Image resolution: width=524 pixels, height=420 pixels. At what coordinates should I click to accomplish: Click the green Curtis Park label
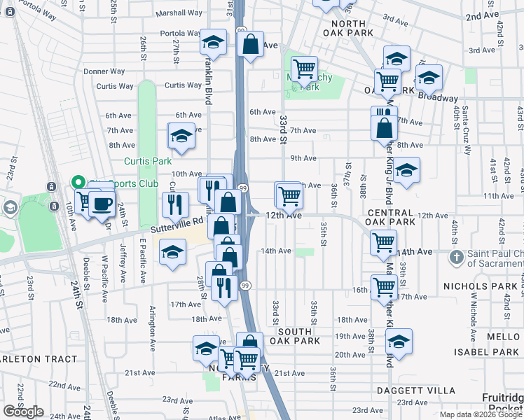tap(148, 161)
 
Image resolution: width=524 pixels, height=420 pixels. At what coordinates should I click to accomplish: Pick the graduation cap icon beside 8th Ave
tap(181, 136)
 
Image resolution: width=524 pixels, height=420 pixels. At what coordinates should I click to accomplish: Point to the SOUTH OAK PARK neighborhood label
tap(298, 336)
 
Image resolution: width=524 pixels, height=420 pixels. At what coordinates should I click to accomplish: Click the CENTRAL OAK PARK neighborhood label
tap(390, 217)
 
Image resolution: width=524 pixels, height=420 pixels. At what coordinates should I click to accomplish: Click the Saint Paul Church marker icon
tap(456, 258)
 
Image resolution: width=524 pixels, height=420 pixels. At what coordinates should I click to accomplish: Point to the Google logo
tap(23, 412)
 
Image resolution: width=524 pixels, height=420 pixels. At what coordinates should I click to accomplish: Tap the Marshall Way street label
tap(179, 13)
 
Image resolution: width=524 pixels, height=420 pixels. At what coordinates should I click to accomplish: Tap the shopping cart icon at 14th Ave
tap(383, 243)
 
